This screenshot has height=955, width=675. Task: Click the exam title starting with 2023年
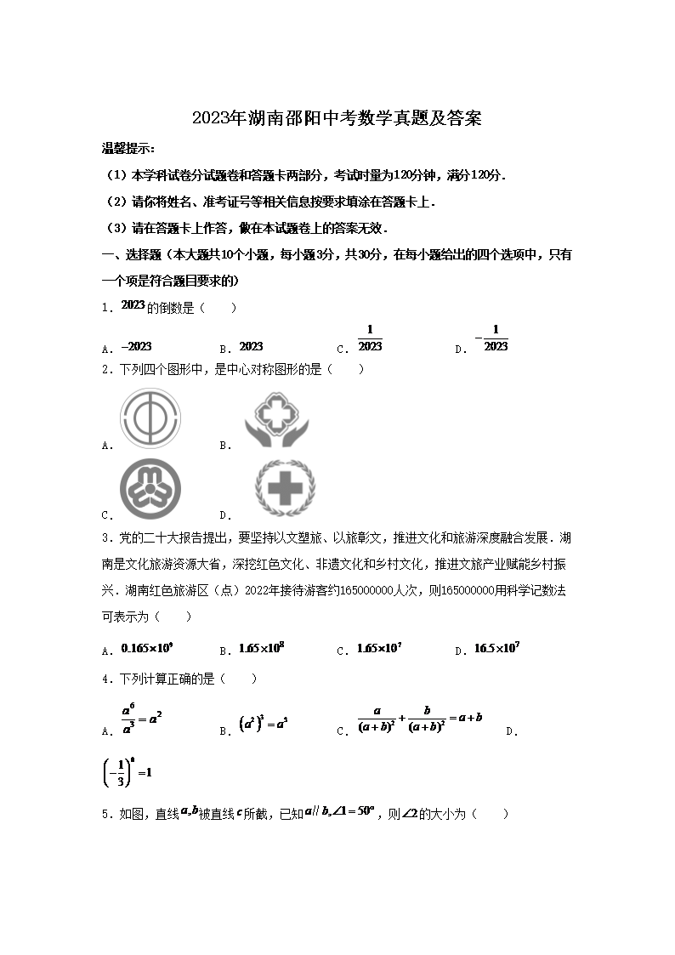tap(337, 118)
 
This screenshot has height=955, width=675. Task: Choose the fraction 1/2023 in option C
tap(370, 338)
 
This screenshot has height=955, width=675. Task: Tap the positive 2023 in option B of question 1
tap(252, 346)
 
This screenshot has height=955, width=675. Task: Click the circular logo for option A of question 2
tap(150, 418)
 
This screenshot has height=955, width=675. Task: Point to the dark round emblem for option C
tap(150, 489)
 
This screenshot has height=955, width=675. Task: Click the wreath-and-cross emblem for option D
tap(280, 489)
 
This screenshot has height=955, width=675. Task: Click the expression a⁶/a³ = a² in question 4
tap(140, 719)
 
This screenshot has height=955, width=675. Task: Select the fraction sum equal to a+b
tap(420, 719)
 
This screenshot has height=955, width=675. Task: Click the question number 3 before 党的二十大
tap(105, 537)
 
